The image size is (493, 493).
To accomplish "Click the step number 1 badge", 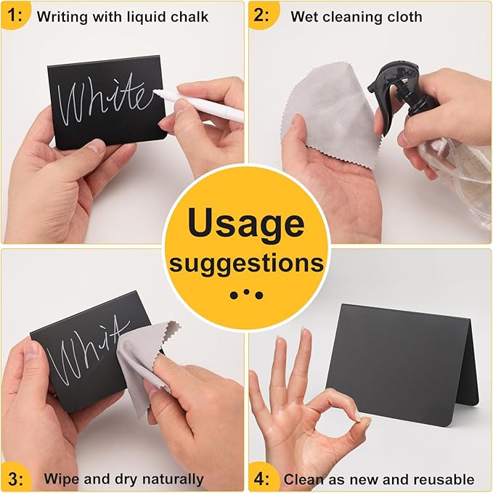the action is (15, 15).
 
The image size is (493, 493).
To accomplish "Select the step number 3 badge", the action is (15, 478).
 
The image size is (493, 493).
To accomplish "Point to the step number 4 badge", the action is (262, 478).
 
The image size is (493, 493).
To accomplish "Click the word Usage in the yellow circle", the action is (246, 224).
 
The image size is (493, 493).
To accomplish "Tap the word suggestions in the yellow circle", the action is (246, 264).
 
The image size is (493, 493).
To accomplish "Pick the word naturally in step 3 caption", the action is (173, 480).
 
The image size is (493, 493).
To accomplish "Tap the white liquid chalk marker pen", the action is (199, 105).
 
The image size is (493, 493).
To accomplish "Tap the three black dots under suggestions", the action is (246, 294).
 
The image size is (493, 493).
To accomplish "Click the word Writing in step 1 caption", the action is (62, 17).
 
